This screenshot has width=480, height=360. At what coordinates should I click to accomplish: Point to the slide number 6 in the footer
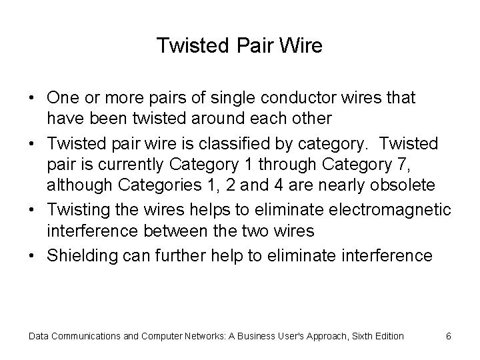(x=449, y=335)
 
